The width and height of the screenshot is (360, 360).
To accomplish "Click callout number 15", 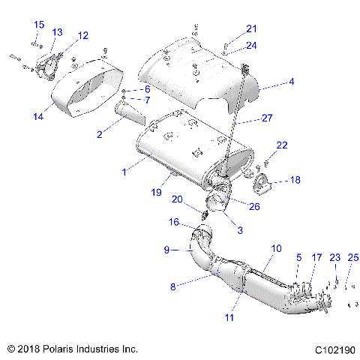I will pos(39,25).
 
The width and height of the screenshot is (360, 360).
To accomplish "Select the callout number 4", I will pos(292,82).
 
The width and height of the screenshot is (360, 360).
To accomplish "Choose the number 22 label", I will pos(282,145).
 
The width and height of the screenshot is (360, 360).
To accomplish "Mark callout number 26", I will pos(254,206).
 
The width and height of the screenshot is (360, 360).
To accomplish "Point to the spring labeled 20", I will pos(204,215).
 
